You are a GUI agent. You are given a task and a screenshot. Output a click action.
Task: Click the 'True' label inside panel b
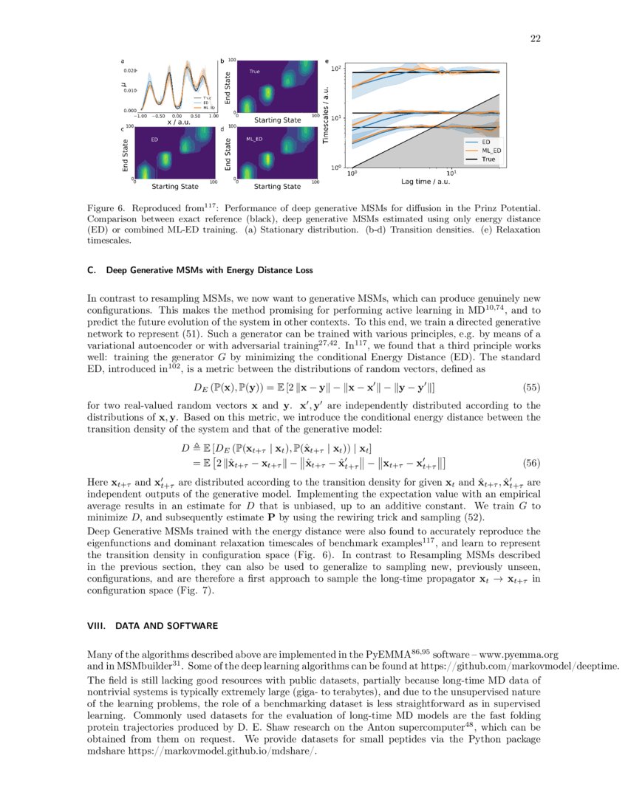(254, 72)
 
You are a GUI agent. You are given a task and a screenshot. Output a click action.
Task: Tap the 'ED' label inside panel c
(154, 139)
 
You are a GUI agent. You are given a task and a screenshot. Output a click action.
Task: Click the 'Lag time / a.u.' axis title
(420, 181)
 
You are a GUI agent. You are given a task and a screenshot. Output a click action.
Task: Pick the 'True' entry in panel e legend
(488, 159)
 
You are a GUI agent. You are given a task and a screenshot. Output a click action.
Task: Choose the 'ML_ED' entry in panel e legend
(491, 150)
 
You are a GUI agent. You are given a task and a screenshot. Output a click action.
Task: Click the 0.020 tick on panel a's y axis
(130, 70)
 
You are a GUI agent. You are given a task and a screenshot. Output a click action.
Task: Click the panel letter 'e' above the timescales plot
(327, 60)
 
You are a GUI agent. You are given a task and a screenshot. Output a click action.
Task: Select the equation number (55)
(532, 386)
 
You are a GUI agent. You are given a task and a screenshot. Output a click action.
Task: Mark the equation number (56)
(532, 463)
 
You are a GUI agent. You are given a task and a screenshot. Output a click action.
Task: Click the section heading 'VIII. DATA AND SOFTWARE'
(152, 626)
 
